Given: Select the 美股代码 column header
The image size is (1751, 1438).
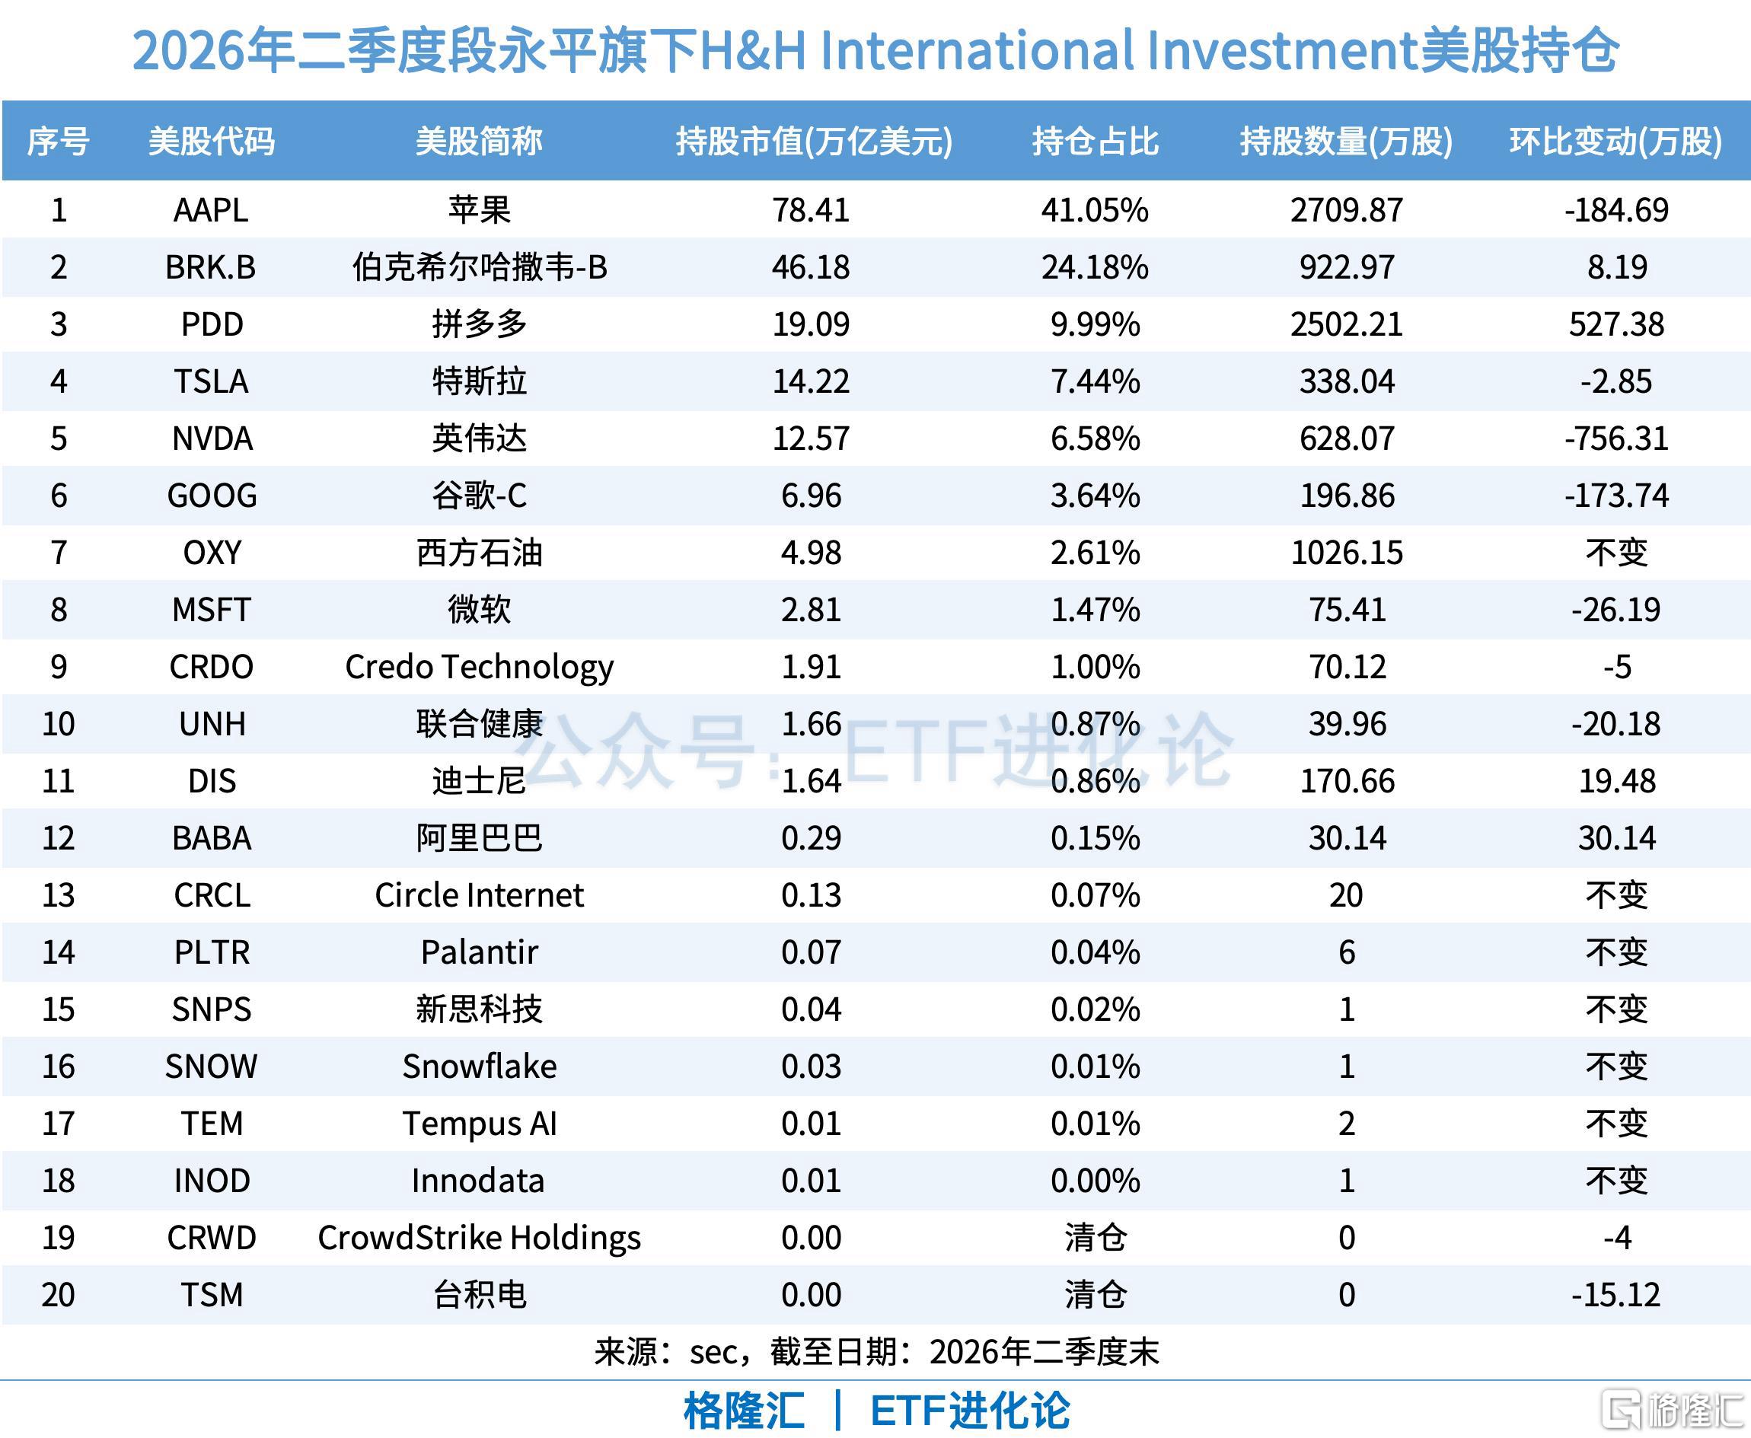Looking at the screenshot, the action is click(211, 142).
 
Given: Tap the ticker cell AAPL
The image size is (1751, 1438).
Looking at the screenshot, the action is click(211, 210).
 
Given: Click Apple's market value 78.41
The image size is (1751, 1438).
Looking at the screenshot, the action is click(811, 210).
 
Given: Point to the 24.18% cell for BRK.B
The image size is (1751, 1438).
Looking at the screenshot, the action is click(1094, 267).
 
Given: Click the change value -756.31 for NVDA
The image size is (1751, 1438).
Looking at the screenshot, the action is click(1616, 439).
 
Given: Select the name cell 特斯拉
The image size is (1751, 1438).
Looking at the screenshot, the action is click(479, 382).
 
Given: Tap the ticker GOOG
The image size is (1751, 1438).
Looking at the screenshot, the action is click(212, 496).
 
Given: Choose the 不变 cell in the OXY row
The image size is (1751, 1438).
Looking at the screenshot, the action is click(1616, 553).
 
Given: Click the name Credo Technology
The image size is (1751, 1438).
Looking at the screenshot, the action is click(479, 668).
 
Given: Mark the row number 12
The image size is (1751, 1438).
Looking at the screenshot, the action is click(58, 839).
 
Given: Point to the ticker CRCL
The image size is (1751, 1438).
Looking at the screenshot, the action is click(212, 896).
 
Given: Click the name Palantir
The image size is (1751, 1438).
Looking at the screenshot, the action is click(479, 953).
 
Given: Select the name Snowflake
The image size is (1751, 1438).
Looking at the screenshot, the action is click(479, 1068).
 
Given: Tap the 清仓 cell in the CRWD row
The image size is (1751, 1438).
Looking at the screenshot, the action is click(1094, 1239).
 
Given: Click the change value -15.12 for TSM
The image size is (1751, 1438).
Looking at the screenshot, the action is click(1616, 1296).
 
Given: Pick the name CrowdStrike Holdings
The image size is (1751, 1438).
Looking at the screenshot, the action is click(479, 1239).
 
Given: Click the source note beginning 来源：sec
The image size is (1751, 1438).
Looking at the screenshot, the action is click(875, 1353).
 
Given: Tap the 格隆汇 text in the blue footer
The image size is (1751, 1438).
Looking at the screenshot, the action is click(743, 1411).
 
